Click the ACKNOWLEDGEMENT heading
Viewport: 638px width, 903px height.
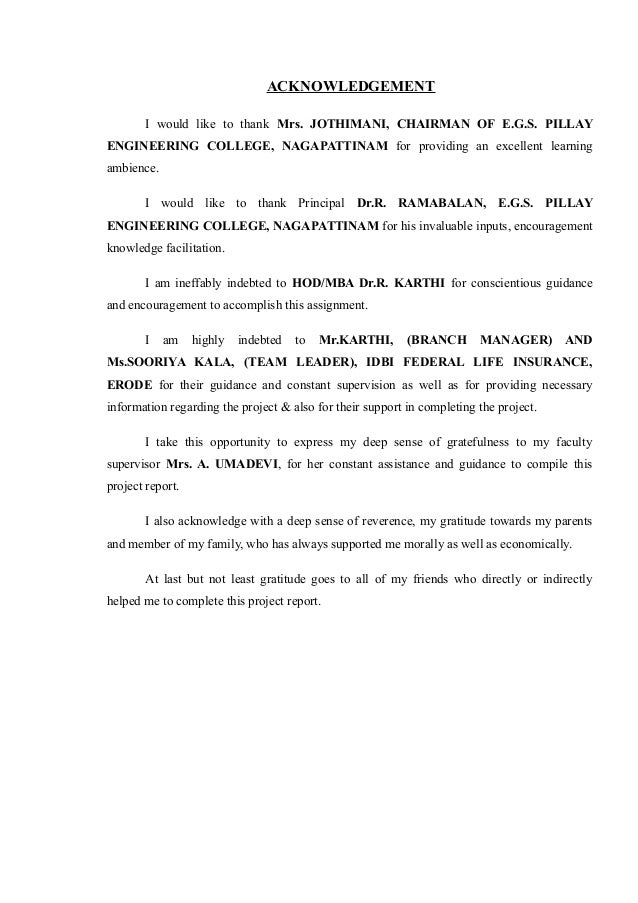tap(350, 86)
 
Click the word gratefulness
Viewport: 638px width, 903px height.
tap(449, 443)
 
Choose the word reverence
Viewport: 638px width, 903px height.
tap(354, 523)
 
